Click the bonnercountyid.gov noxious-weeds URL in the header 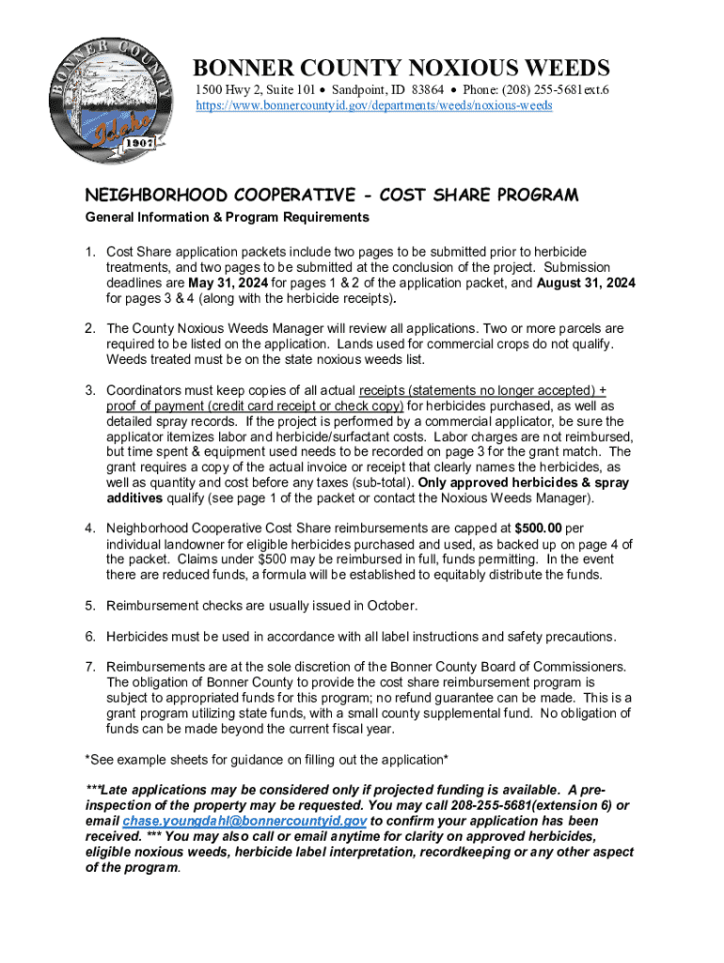coord(373,105)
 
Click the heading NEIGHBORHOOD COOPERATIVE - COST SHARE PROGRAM coord(332,195)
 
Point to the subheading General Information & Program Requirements coord(227,217)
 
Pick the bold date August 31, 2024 coord(586,282)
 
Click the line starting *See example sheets coord(266,759)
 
